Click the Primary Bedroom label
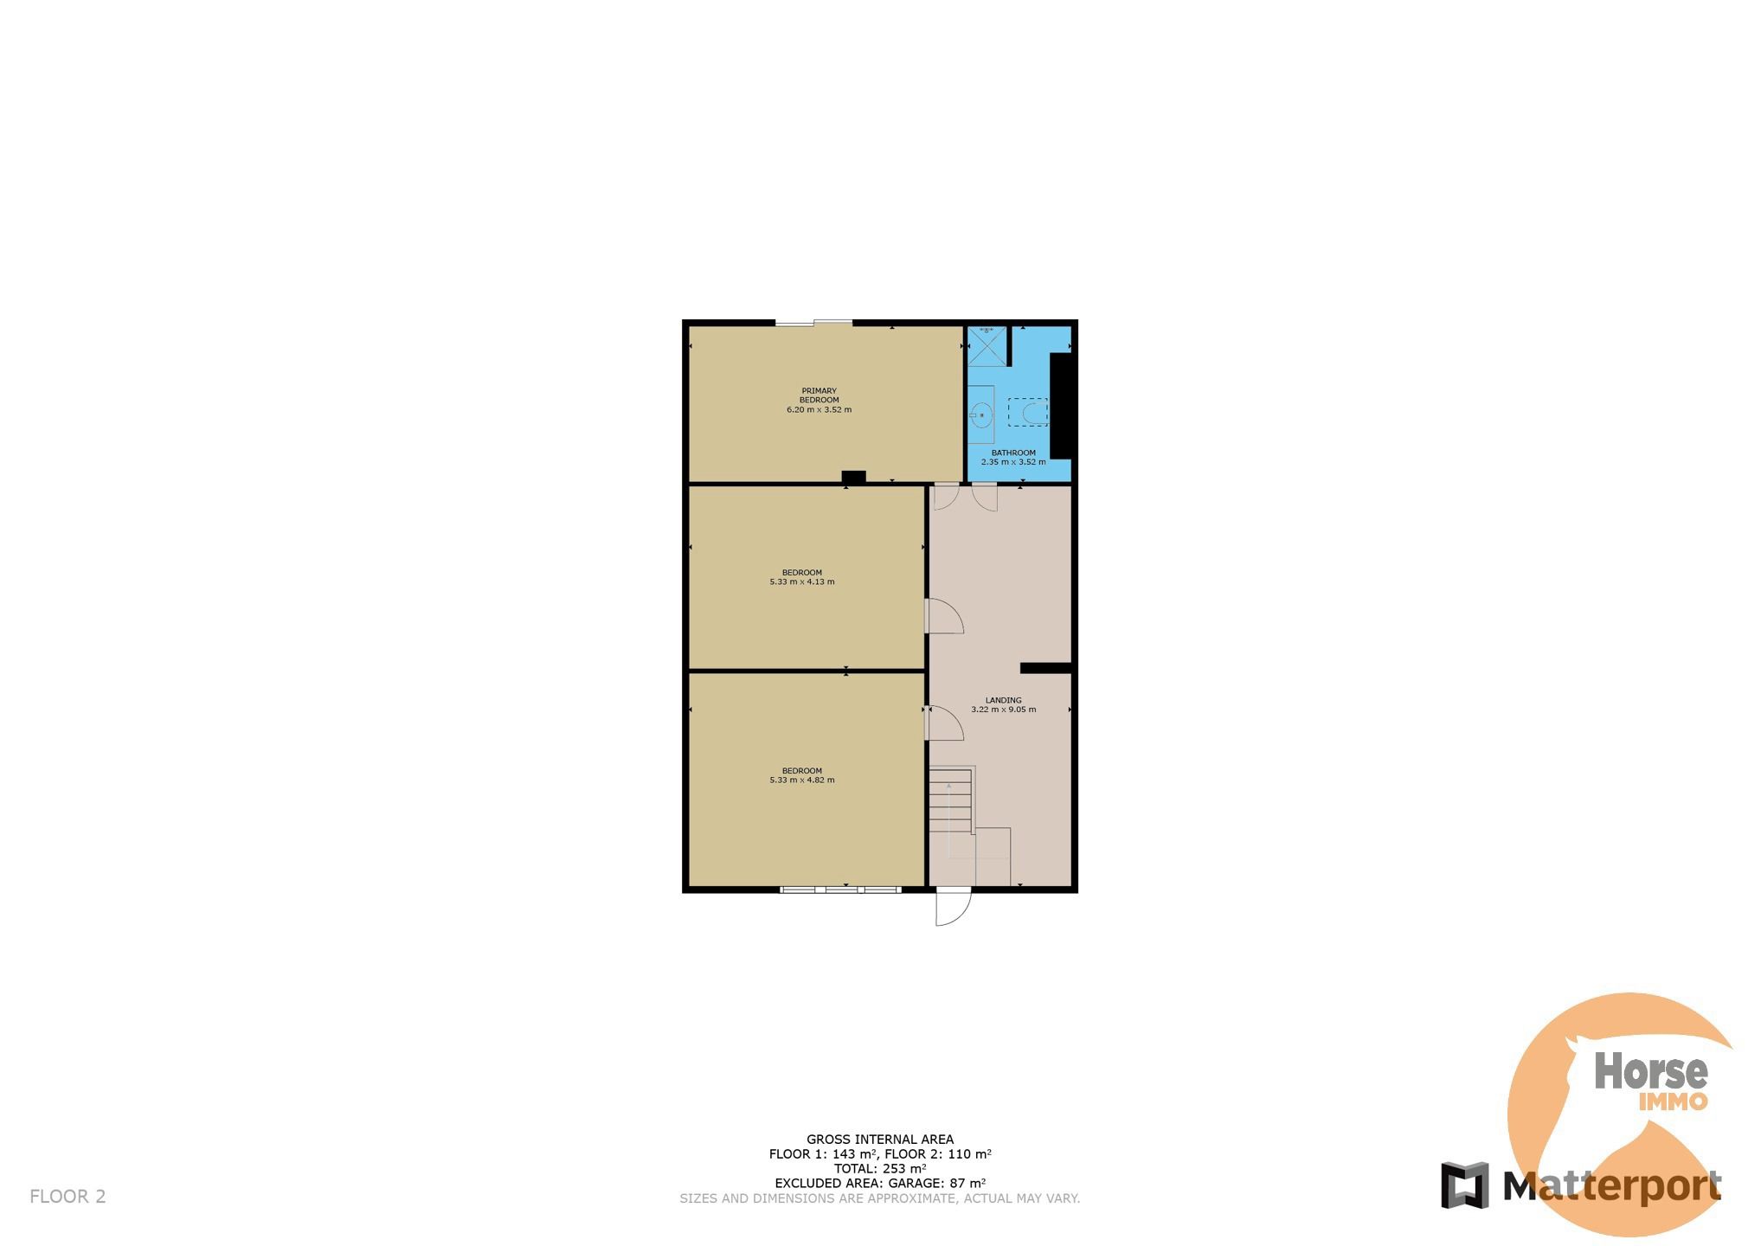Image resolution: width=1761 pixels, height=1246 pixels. [x=819, y=395]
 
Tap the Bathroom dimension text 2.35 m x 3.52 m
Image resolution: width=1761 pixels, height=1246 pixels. [x=1013, y=462]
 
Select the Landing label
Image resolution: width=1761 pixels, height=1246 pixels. [x=1004, y=700]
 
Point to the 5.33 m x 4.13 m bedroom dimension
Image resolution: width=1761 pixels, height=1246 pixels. [x=802, y=582]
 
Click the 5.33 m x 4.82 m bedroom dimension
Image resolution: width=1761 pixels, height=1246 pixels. [x=802, y=780]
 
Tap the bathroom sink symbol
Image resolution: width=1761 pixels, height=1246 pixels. [x=981, y=415]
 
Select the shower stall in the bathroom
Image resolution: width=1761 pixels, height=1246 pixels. [x=987, y=346]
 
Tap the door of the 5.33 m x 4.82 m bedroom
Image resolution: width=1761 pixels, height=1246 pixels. [x=944, y=723]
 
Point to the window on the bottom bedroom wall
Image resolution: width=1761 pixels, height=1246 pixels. [x=841, y=890]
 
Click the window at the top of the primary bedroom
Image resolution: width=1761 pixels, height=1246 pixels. [x=813, y=324]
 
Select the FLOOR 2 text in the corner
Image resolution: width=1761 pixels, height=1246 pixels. [x=67, y=1197]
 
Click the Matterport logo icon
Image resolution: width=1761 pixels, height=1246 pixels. [x=1464, y=1185]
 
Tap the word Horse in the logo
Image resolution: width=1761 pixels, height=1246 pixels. [x=1651, y=1072]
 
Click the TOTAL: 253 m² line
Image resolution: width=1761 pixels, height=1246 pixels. [x=880, y=1168]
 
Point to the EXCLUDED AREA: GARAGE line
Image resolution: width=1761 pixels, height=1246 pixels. [x=880, y=1183]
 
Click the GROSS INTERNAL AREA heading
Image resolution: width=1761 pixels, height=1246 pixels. [x=880, y=1140]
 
